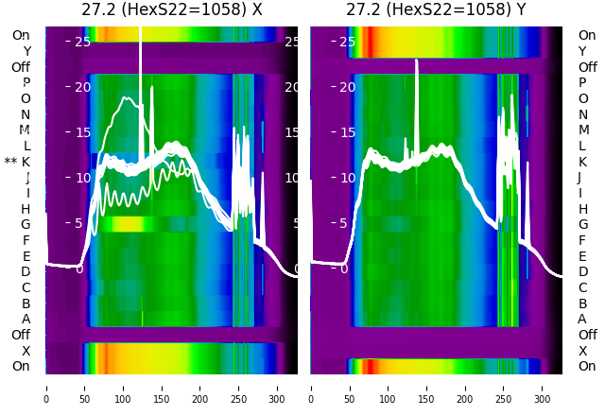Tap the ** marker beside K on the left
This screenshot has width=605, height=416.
click(x=10, y=162)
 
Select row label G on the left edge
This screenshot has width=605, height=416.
click(x=26, y=225)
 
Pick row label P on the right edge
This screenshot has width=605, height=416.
click(x=582, y=83)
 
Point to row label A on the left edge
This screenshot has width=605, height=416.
click(x=26, y=320)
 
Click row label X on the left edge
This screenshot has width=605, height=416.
click(x=26, y=351)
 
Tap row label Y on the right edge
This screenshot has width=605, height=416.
click(x=582, y=51)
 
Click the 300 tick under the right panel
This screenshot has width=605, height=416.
click(x=543, y=387)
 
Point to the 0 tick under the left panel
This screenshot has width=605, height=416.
click(x=45, y=387)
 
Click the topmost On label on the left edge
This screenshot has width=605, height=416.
click(x=21, y=36)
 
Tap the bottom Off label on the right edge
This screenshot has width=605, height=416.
click(x=587, y=335)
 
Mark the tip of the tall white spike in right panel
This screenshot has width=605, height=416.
click(x=417, y=61)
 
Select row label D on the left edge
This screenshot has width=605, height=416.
click(x=26, y=272)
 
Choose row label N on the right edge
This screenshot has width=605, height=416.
click(x=582, y=114)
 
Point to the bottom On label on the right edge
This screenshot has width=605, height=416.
click(x=587, y=367)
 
